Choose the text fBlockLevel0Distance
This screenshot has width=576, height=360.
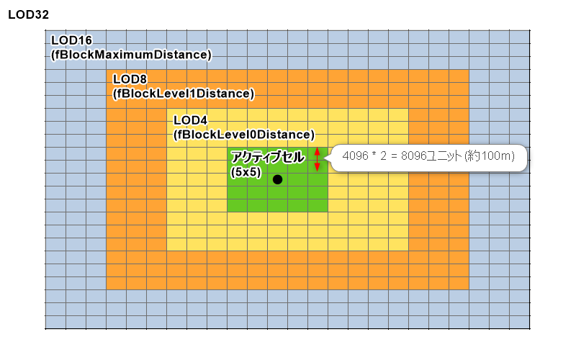tap(244, 134)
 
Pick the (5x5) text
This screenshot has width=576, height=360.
tap(245, 173)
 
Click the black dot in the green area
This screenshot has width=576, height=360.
tap(277, 179)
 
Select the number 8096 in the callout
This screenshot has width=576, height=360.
tap(416, 156)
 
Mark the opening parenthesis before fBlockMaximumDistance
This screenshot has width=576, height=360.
tap(53, 55)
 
